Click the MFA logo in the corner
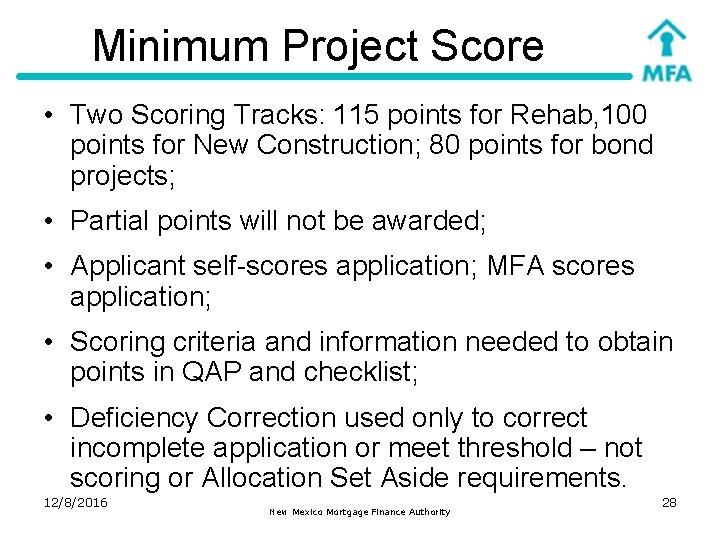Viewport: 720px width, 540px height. tap(665, 50)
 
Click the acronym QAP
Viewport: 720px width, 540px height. tap(204, 372)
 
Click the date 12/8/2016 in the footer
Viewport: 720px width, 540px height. tap(75, 502)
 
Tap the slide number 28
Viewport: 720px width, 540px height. tap(669, 502)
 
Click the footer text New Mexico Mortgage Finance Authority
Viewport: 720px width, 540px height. tap(360, 512)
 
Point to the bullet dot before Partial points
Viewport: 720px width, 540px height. tap(48, 221)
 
